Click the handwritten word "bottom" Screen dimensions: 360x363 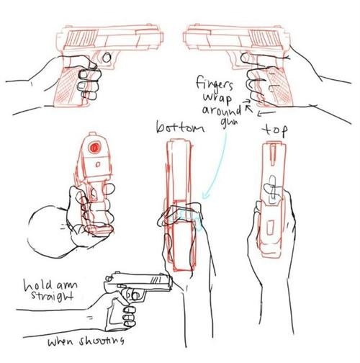point(180,127)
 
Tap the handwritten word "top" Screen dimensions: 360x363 point(275,130)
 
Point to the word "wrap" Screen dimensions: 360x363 point(217,99)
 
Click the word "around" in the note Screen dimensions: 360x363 point(222,111)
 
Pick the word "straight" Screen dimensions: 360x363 point(52,296)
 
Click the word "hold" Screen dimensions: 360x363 point(38,284)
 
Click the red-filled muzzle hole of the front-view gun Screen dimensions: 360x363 point(94,147)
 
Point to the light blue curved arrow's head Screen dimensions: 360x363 point(204,194)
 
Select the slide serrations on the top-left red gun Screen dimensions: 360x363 point(81,38)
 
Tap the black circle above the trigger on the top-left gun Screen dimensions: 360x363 point(107,57)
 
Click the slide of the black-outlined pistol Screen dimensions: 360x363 point(139,280)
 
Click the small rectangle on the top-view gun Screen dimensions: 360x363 point(271,228)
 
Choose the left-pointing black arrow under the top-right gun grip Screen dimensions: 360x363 point(266,112)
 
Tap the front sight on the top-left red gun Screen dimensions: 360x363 point(149,24)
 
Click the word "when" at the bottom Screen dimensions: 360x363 point(60,341)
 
